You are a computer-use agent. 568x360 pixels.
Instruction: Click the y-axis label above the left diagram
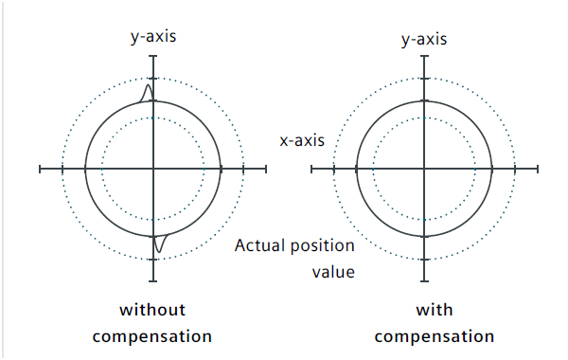tap(153, 37)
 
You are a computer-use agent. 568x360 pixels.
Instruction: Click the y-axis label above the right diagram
tap(424, 40)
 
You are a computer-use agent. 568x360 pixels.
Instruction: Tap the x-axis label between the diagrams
tap(302, 140)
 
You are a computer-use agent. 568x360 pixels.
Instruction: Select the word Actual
tap(260, 245)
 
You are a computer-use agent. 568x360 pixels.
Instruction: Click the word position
tap(323, 246)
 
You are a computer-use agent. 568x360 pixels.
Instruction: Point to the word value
tap(333, 272)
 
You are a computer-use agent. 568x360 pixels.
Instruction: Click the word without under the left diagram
tap(152, 310)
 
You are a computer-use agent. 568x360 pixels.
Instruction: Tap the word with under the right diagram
tap(435, 310)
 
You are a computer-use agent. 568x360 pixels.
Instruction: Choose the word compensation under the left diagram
tap(152, 337)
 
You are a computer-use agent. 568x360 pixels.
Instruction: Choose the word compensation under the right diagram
tap(435, 337)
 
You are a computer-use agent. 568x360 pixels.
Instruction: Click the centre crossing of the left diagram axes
tap(153, 169)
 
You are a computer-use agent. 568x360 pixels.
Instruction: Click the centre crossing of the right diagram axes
tap(424, 169)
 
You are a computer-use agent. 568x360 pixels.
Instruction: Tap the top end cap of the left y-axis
tap(153, 56)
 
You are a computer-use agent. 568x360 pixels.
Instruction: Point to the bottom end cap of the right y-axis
tap(424, 281)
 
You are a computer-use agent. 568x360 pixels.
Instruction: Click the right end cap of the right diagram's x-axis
tap(538, 169)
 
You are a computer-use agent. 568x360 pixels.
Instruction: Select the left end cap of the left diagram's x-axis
tap(40, 169)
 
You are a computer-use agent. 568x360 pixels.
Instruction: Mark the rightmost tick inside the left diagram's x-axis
tap(243, 169)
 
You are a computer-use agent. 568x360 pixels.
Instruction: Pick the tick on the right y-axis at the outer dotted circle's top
tap(424, 79)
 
